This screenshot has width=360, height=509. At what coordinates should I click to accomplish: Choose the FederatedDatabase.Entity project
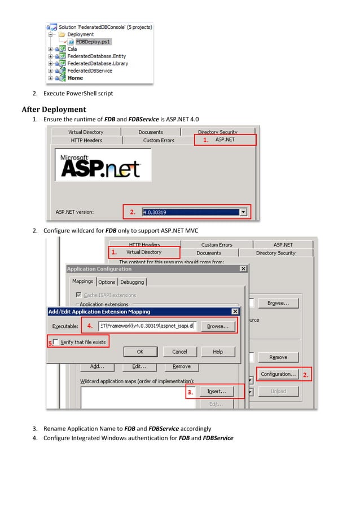(x=96, y=56)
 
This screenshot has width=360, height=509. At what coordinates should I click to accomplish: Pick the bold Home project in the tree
(x=75, y=78)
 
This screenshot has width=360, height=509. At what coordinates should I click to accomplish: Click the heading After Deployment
(x=54, y=109)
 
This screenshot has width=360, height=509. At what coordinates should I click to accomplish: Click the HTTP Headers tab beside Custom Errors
(x=86, y=140)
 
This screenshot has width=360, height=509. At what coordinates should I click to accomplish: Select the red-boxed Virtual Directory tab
(x=144, y=252)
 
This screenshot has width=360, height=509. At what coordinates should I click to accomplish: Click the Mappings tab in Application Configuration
(x=82, y=282)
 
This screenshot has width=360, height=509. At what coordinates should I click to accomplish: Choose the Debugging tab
(x=132, y=282)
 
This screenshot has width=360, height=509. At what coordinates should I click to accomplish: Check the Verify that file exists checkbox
(x=56, y=343)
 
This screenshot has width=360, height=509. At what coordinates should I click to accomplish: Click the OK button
(x=140, y=352)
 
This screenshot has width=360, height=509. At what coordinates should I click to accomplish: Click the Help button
(x=218, y=352)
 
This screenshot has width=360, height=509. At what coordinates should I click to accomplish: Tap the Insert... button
(x=217, y=391)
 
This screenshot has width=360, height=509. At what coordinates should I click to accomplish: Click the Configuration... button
(x=278, y=374)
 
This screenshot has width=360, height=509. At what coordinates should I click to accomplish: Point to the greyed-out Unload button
(x=278, y=391)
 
